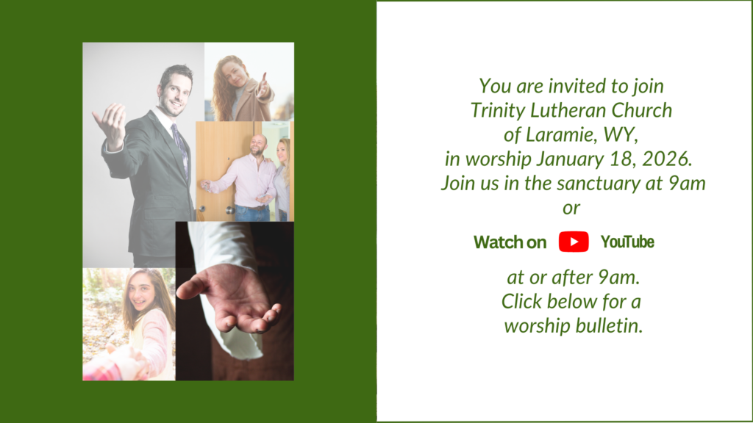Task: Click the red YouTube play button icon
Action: coord(574,242)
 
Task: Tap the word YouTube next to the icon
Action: coord(627,242)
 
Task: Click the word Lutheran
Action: coord(564,110)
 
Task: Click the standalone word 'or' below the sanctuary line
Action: coord(571,208)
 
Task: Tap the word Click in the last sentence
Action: coord(523,301)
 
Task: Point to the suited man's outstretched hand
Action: coord(110,121)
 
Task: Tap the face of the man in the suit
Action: coord(176,91)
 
